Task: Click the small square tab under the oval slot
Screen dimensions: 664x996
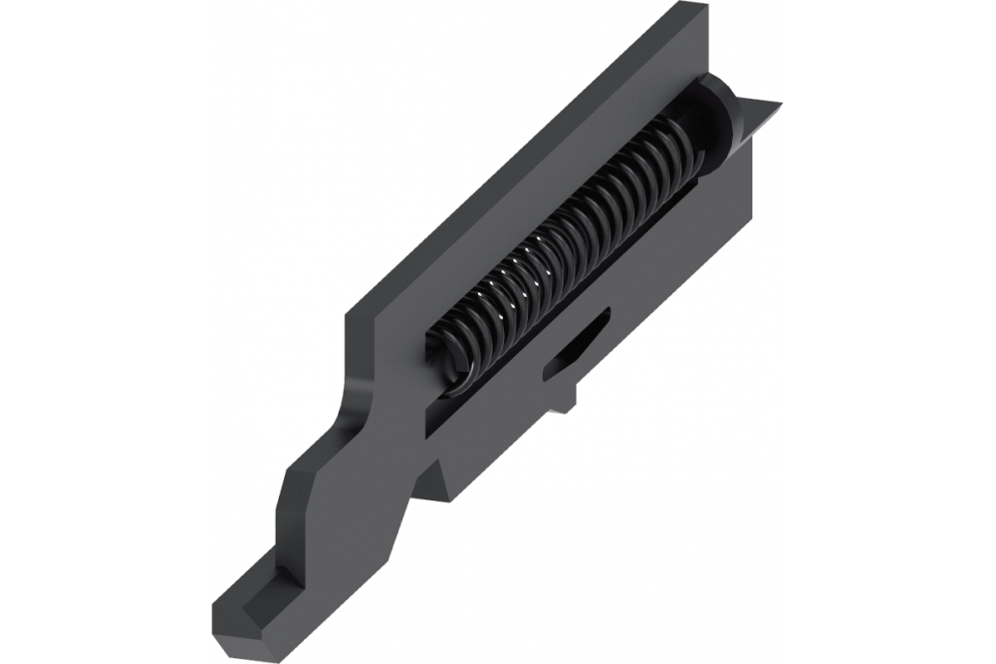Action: tap(565, 399)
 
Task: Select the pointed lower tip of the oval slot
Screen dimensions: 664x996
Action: tap(547, 374)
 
